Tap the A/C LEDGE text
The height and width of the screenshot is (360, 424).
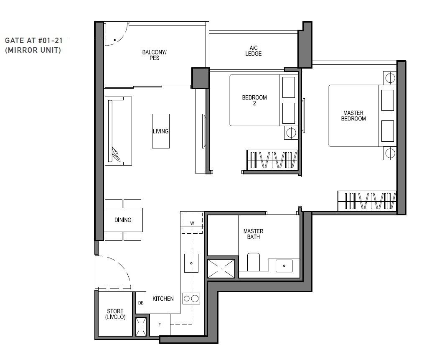click(x=253, y=51)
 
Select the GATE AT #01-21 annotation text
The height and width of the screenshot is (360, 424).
click(x=33, y=41)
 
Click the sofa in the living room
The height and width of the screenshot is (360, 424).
click(x=118, y=131)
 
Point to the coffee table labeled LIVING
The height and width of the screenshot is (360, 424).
click(x=160, y=131)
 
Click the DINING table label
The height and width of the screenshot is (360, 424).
click(x=123, y=220)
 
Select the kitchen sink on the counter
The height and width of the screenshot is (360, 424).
click(x=191, y=263)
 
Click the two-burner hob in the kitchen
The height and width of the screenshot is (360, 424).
click(x=191, y=299)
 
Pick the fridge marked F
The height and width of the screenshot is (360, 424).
click(x=160, y=325)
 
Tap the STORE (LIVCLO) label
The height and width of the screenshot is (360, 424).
click(x=115, y=314)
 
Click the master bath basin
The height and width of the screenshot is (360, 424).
click(x=284, y=266)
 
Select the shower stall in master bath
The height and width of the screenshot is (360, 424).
click(x=221, y=268)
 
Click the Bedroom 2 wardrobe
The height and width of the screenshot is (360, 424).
click(x=272, y=160)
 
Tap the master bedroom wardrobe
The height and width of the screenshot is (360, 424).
click(x=366, y=201)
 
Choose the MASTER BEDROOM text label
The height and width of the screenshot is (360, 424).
click(x=353, y=116)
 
